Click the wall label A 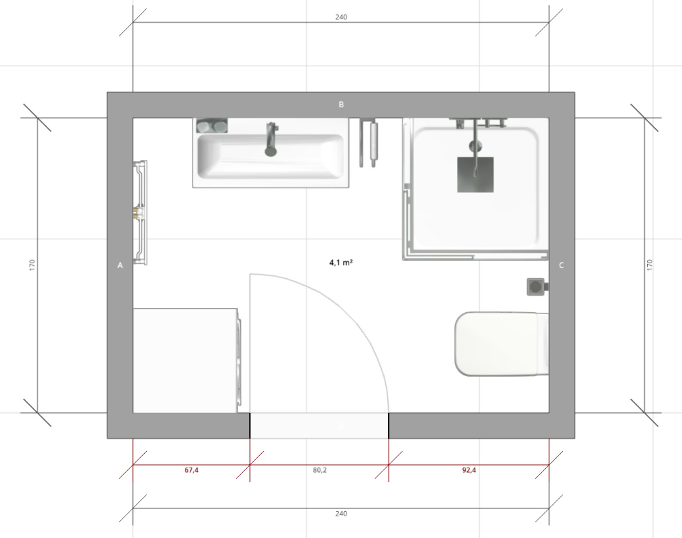120,265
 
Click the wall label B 341,104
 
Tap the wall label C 561,265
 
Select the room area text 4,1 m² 341,262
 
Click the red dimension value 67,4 191,470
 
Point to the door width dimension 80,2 320,470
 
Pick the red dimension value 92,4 469,470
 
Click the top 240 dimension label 341,17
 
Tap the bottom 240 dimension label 341,514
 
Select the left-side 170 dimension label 32,265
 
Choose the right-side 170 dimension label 649,265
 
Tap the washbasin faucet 271,139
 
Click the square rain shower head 475,175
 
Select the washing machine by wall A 187,360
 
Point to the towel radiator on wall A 140,213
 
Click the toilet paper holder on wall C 537,287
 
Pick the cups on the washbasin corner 212,126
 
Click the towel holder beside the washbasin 368,142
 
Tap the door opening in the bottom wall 320,426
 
